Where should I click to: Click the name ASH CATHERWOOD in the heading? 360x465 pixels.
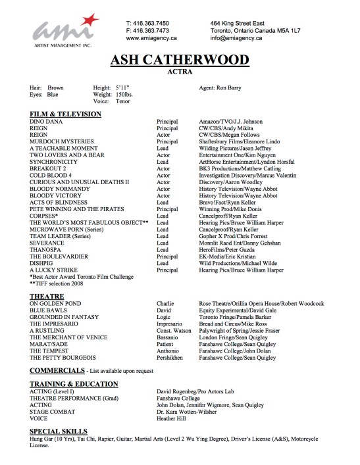[x=180, y=63]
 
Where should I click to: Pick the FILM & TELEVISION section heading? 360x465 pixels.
[x=65, y=114]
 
